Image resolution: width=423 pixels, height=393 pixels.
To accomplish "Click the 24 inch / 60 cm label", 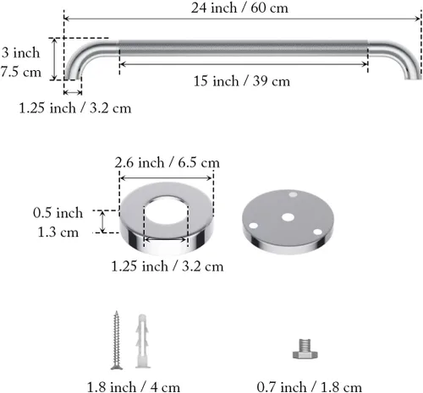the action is (x=239, y=8).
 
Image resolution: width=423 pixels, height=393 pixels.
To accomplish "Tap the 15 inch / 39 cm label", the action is (x=242, y=81).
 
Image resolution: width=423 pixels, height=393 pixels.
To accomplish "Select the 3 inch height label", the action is (x=20, y=52).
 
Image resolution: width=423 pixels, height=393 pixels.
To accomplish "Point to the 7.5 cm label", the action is (x=21, y=72).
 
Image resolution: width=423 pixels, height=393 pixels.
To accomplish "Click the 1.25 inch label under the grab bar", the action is (x=75, y=108).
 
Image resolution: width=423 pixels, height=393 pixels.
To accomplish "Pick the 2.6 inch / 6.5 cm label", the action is (x=167, y=163).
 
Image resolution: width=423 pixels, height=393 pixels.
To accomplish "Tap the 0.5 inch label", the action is (x=58, y=213).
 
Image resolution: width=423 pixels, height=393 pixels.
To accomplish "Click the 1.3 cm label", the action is (x=58, y=232).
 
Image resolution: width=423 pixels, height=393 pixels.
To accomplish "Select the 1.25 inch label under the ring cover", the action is (x=168, y=266).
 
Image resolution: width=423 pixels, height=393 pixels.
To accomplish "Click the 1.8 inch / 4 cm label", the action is (x=134, y=387).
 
